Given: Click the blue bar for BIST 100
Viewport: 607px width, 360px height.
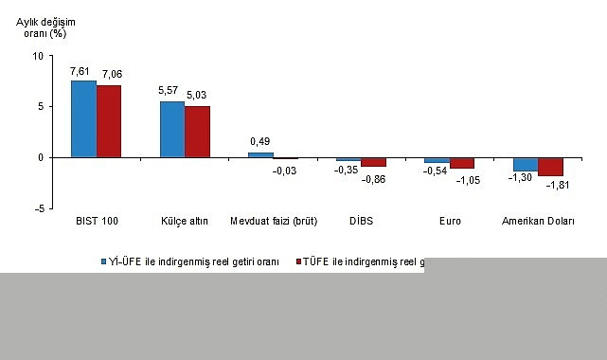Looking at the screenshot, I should tap(83, 118).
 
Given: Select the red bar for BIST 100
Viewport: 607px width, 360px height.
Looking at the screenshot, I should tap(109, 121).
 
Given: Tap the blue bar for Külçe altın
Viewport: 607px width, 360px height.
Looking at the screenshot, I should tap(171, 129).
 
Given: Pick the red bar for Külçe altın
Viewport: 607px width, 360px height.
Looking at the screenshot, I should tap(197, 132).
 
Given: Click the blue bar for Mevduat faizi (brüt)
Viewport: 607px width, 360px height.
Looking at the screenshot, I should tap(260, 154).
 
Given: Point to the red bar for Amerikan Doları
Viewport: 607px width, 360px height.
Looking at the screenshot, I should tap(551, 167).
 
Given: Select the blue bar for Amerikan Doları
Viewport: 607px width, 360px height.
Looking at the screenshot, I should tap(526, 164).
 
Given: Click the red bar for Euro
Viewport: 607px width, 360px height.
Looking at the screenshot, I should tap(462, 163).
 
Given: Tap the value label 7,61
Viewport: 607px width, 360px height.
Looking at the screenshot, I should tap(81, 70).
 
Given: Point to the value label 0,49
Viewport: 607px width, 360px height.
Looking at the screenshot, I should tap(259, 142).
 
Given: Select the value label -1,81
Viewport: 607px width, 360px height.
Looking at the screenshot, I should tap(552, 186).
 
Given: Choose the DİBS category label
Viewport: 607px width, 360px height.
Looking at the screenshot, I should tap(348, 222).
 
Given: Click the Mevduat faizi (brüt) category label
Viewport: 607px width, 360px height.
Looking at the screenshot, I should tap(273, 222).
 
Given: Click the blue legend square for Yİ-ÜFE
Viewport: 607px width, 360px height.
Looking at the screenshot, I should tap(106, 261).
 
